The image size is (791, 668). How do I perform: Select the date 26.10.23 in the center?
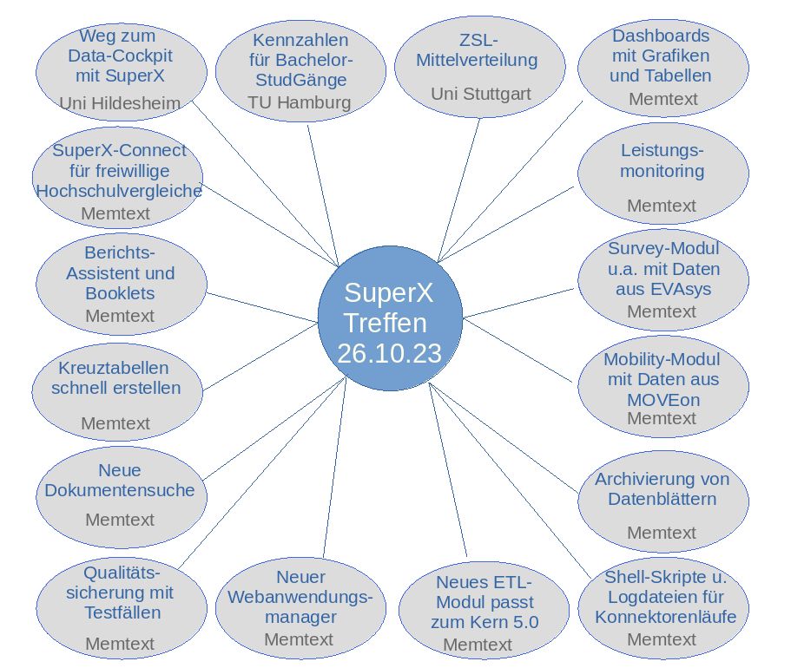(390, 353)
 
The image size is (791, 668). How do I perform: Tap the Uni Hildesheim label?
(120, 103)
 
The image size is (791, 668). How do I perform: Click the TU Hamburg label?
(300, 102)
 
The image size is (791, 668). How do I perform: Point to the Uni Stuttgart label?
(480, 93)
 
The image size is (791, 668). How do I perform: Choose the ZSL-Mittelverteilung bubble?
(479, 65)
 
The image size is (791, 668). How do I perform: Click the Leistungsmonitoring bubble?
(662, 174)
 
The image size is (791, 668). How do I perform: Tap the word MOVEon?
(662, 400)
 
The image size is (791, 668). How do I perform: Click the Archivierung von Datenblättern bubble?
(662, 499)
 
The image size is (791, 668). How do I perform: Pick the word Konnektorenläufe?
(665, 617)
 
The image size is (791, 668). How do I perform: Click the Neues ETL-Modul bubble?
(484, 607)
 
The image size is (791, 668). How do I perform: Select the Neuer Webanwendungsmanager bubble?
(300, 603)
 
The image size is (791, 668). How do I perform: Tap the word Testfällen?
(122, 612)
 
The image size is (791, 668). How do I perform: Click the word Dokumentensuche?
(120, 490)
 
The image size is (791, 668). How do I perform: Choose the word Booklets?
(120, 293)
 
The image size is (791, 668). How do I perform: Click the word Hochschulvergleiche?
(119, 191)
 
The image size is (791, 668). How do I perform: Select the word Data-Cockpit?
(120, 56)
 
